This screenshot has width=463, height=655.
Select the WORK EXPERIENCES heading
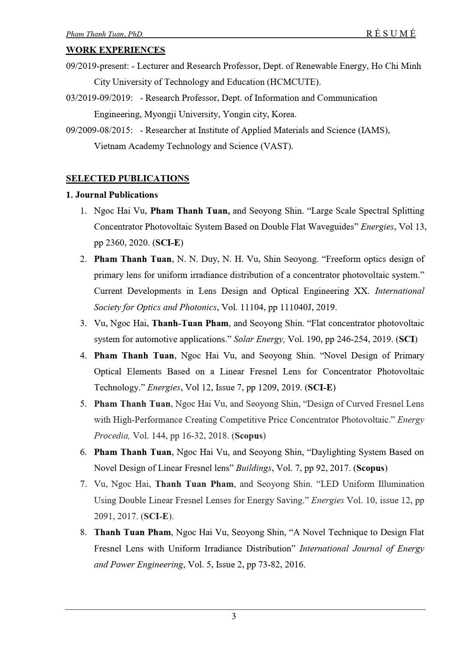116,50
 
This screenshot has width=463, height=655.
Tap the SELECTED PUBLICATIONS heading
128,179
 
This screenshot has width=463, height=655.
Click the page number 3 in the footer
234,616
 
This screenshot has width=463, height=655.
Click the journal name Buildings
253,468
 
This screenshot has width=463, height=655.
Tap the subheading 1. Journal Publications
112,195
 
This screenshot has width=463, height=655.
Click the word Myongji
160,114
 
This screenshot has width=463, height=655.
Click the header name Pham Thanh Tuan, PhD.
105,34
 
